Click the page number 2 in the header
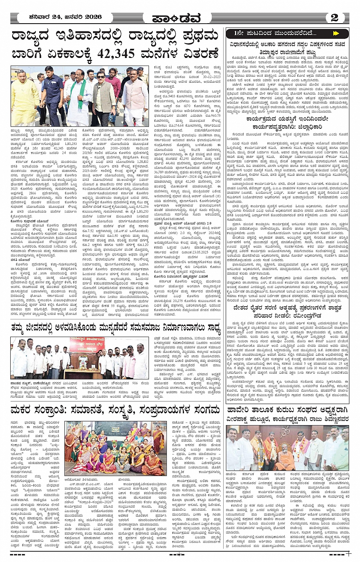click(x=334, y=18)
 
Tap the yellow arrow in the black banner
click(x=336, y=34)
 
